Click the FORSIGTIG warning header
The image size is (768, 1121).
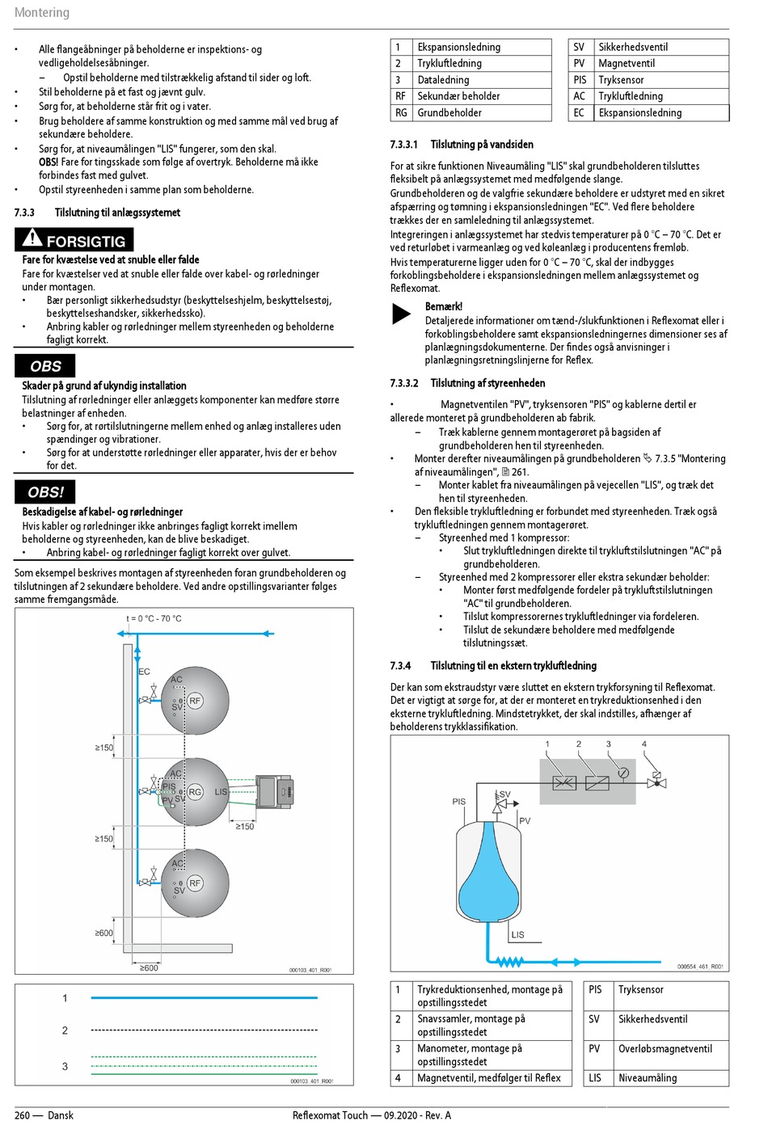point(85,241)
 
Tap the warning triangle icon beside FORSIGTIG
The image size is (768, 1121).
point(32,238)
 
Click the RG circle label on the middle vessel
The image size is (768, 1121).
point(195,792)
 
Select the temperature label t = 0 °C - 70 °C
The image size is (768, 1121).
point(154,619)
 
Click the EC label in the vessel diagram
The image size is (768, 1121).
point(144,672)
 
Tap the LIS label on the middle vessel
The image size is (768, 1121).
point(221,792)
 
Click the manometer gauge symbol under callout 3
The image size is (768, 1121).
point(623,773)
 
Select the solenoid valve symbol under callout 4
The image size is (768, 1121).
point(656,782)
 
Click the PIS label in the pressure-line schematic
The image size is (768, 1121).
point(458,802)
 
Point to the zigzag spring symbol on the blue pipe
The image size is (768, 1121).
point(509,962)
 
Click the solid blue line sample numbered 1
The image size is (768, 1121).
point(204,998)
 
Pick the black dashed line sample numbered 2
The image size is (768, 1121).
point(204,1030)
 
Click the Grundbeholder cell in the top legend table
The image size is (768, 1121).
point(449,113)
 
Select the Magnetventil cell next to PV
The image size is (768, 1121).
point(627,63)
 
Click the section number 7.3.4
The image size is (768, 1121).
point(400,666)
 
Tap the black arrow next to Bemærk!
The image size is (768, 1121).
point(401,314)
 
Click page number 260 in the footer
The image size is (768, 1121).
point(23,1115)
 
